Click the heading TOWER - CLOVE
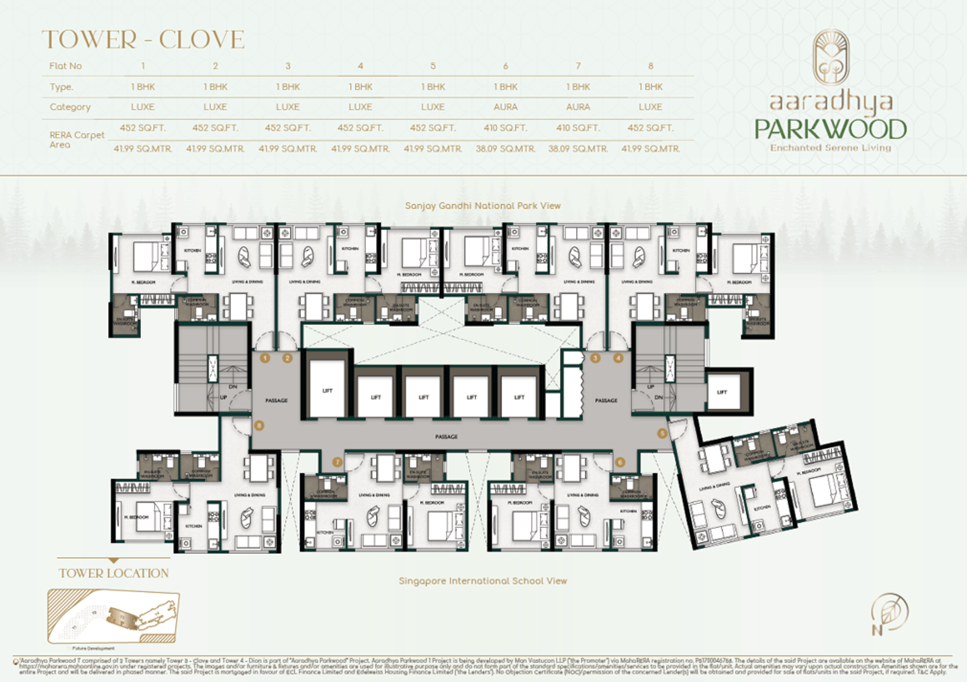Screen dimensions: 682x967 click(143, 40)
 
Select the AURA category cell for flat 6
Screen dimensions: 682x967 click(505, 107)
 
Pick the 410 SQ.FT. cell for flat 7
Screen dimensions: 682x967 click(578, 128)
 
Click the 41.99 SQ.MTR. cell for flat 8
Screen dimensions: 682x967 click(650, 148)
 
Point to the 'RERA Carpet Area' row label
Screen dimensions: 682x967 click(76, 139)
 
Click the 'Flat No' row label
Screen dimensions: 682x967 click(65, 66)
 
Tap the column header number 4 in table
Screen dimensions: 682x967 click(360, 66)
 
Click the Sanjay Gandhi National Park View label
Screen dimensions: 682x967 click(482, 206)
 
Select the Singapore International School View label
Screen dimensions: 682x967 click(482, 581)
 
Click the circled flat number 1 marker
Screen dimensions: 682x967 click(265, 358)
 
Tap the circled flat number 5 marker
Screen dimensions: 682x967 click(662, 433)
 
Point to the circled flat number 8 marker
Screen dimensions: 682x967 click(259, 425)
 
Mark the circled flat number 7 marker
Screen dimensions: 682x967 click(338, 462)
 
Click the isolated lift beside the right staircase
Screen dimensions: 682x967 click(722, 392)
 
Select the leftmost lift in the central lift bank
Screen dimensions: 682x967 click(327, 391)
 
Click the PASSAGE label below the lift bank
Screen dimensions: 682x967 click(446, 437)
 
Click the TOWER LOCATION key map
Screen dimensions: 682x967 click(113, 616)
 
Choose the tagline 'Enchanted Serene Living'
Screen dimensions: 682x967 click(830, 148)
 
